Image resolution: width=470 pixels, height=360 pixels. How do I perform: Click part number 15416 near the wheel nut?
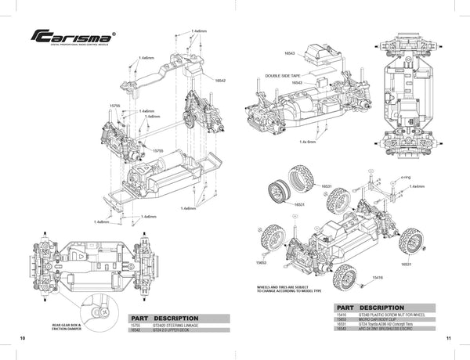pos(378,278)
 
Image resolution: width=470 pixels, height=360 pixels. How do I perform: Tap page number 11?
pos(447,338)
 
